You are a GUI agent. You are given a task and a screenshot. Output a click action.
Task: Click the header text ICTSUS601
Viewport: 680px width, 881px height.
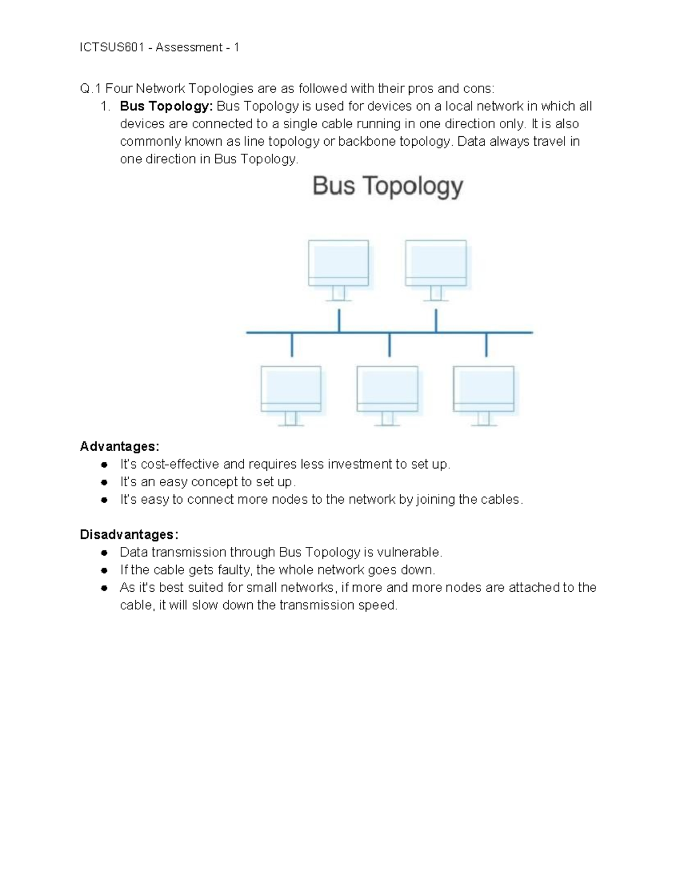111,48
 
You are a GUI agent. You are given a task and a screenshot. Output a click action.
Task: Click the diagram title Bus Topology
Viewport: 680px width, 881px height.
388,187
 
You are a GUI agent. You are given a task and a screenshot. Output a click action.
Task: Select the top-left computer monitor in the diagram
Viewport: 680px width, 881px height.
338,263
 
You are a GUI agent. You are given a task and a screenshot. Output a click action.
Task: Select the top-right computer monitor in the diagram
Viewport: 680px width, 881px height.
436,263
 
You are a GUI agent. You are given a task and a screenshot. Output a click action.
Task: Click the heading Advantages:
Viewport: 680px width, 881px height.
120,446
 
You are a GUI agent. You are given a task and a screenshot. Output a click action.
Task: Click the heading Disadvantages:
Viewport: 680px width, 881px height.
129,534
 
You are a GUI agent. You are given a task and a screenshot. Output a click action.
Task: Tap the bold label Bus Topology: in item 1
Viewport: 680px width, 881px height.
166,106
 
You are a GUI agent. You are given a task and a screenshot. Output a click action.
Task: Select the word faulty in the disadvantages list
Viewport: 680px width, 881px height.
234,570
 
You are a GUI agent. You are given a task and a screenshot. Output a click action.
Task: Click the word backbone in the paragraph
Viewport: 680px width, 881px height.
367,141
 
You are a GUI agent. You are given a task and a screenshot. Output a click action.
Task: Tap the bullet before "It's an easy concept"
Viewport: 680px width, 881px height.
104,482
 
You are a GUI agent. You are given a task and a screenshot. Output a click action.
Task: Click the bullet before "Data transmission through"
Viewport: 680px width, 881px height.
104,553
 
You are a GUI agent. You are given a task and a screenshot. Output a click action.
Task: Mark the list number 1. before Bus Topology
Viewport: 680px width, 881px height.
104,106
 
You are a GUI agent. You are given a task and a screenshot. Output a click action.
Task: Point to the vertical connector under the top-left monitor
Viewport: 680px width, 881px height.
339,321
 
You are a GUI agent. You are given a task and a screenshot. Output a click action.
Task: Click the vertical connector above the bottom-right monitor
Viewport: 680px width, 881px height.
486,345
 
